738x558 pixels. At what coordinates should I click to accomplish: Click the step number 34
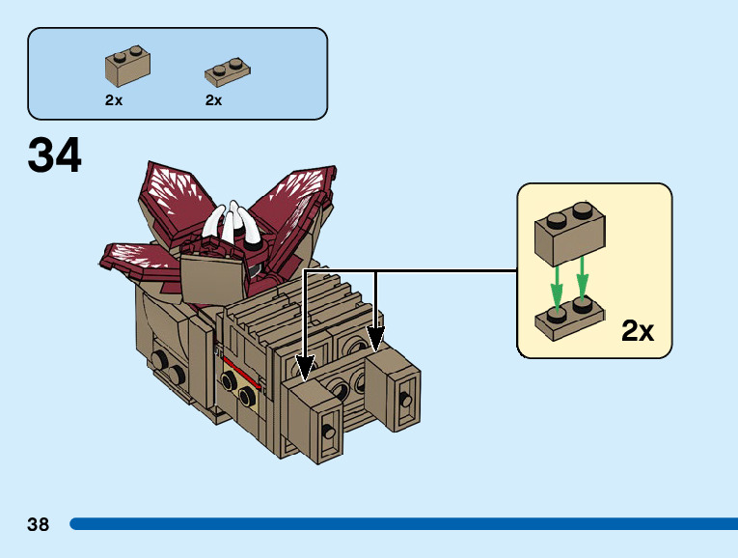(x=55, y=155)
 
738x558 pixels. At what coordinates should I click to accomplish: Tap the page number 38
(x=39, y=524)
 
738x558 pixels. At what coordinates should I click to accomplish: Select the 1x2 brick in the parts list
(x=127, y=67)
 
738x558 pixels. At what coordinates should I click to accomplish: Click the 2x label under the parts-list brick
(x=114, y=99)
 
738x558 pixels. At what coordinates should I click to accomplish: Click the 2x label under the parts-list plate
(x=214, y=99)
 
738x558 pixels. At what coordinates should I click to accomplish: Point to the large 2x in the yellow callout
(x=638, y=331)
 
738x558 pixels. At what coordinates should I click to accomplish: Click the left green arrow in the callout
(x=557, y=281)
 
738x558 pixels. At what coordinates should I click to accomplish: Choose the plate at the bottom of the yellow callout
(x=570, y=320)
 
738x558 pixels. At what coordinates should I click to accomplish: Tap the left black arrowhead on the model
(x=305, y=368)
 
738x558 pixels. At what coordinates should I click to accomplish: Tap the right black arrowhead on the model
(x=375, y=338)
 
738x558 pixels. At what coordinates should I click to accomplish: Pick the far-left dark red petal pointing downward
(x=140, y=259)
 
